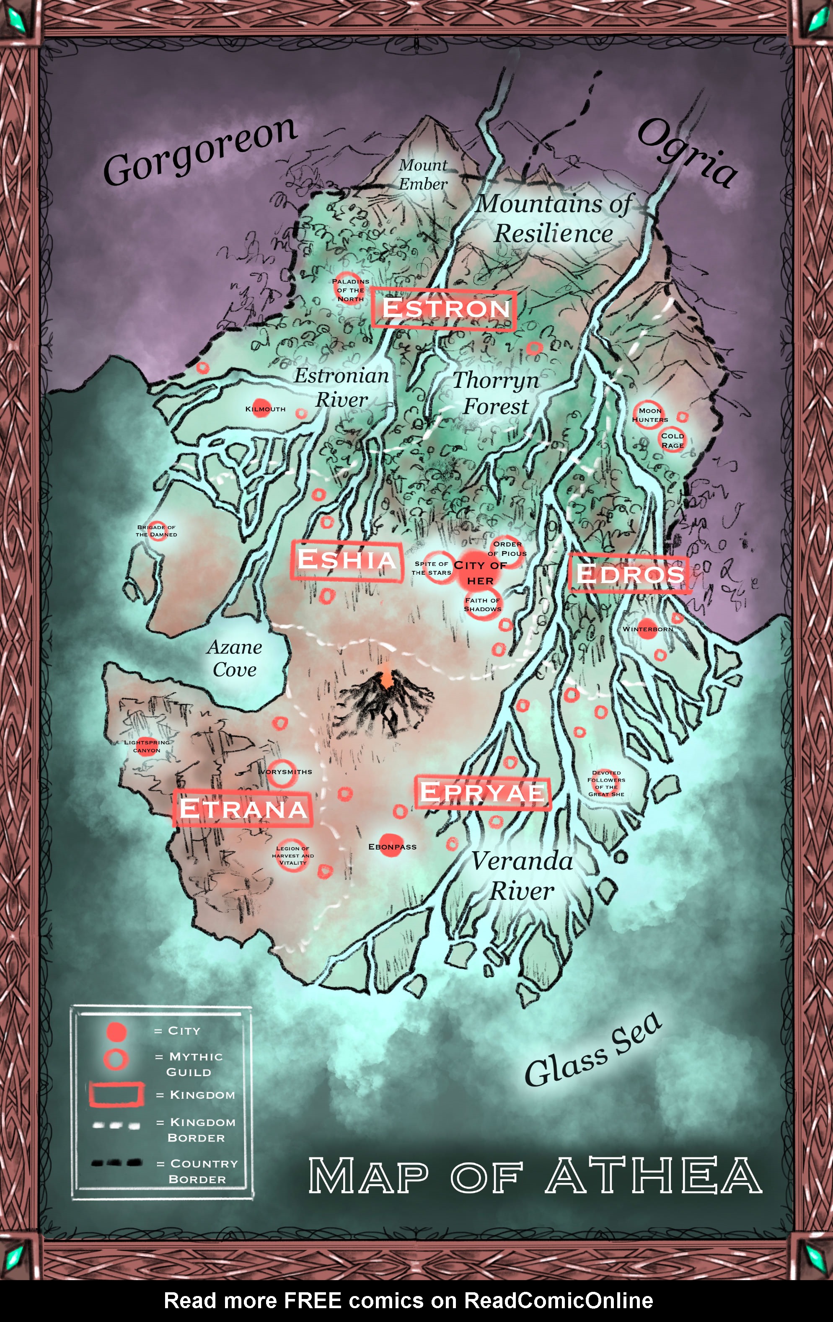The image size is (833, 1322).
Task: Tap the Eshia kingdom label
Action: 346,560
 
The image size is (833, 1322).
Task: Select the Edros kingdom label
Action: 630,574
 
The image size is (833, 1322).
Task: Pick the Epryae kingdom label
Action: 482,792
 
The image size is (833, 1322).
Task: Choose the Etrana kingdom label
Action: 243,809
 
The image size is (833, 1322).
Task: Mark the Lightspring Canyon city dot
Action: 146,746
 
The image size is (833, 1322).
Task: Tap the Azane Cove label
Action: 235,658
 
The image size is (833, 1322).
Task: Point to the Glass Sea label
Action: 593,1050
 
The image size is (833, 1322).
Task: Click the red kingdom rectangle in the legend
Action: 116,1094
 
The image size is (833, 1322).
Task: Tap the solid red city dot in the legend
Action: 116,1032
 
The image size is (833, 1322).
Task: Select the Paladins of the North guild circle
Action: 349,287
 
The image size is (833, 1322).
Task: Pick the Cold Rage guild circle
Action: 672,440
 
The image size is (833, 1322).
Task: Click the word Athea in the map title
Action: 653,1176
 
